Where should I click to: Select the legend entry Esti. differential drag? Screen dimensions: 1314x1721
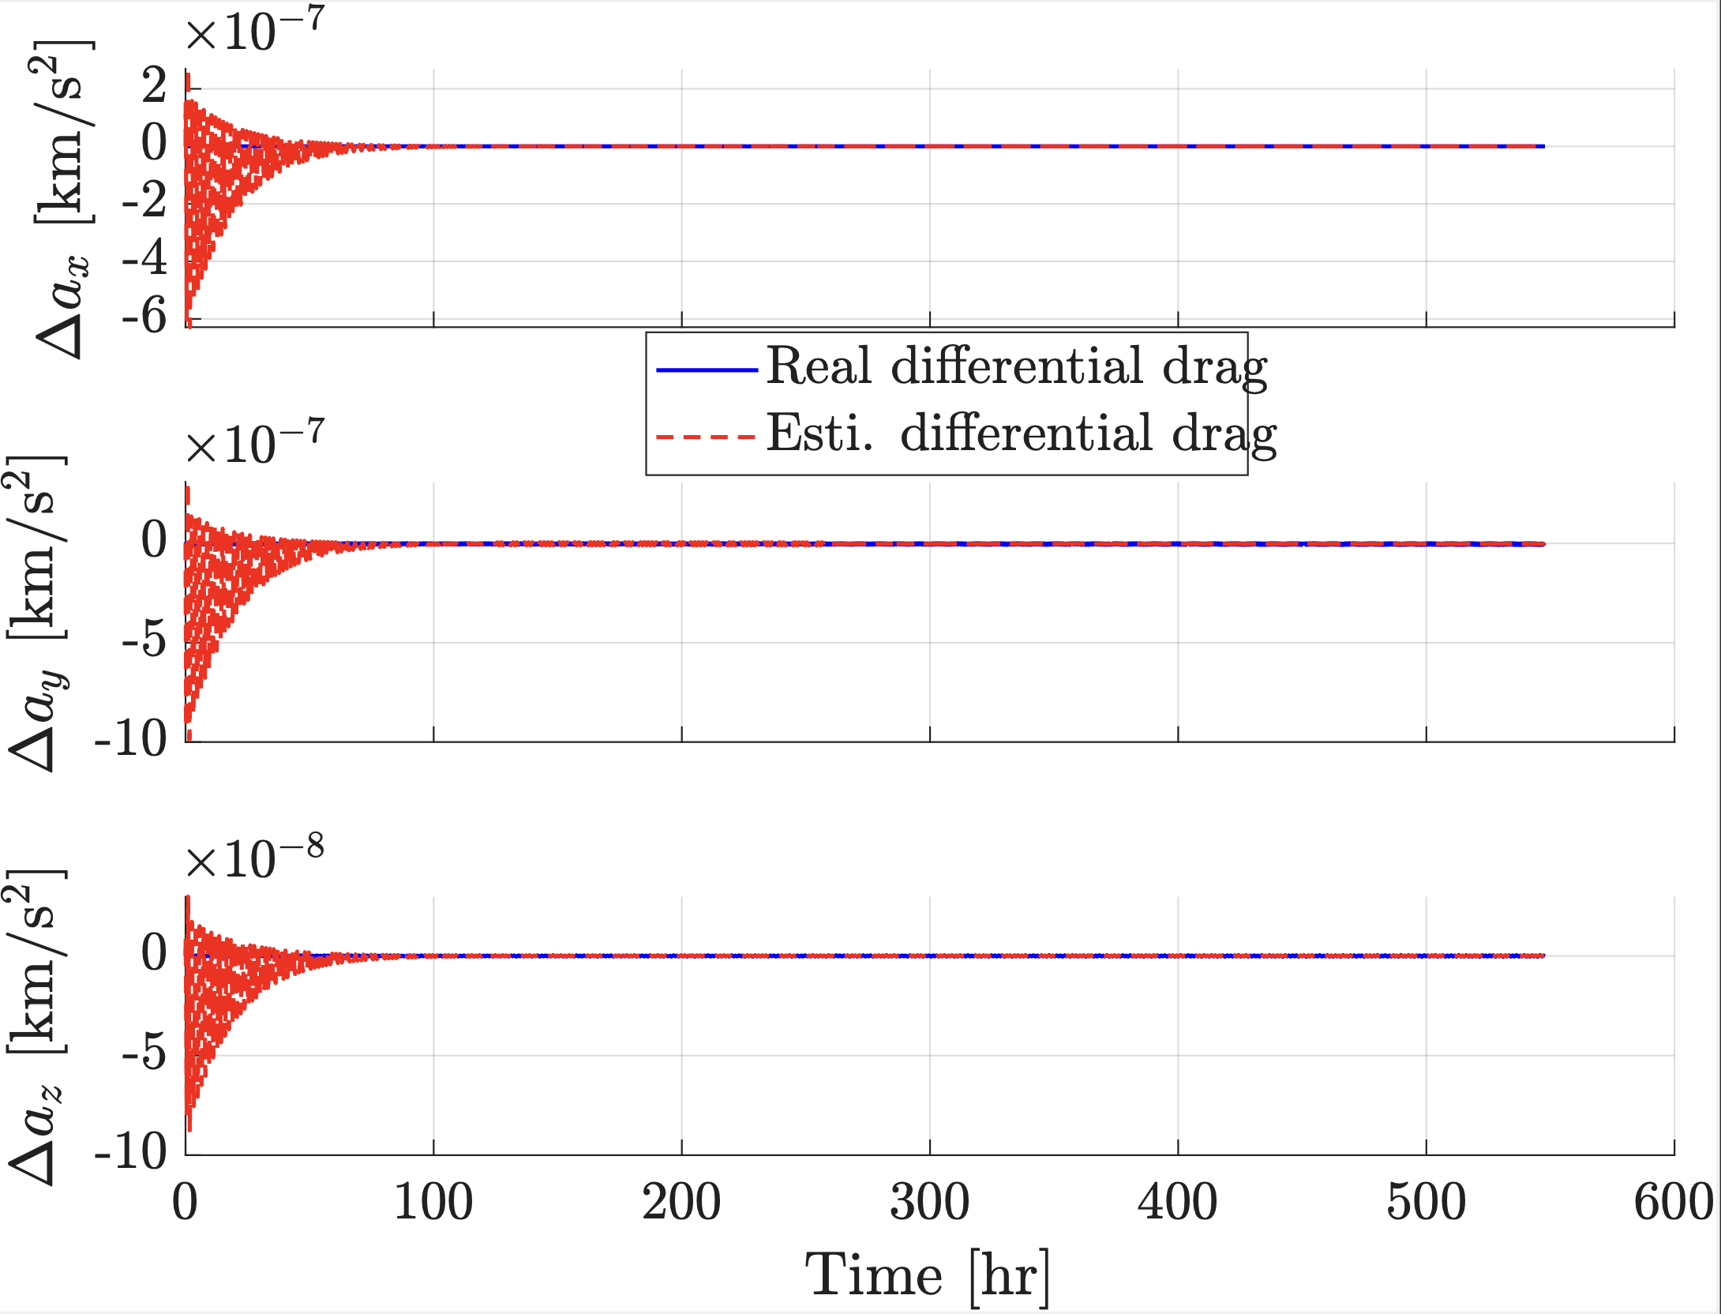(1021, 434)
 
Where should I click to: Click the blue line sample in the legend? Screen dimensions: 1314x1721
(707, 370)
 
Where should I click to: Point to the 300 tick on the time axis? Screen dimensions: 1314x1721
(929, 1203)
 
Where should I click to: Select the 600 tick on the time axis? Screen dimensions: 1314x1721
(1673, 1203)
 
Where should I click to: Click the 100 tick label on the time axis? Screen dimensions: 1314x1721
(433, 1203)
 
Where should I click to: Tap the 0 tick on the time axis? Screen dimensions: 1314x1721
(185, 1203)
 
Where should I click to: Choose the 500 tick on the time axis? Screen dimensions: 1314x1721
(1426, 1203)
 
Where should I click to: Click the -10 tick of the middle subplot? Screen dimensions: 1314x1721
(130, 739)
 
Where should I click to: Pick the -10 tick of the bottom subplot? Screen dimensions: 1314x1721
(130, 1152)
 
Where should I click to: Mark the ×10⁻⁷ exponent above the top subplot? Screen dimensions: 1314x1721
(254, 32)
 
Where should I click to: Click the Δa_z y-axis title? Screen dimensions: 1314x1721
(38, 1027)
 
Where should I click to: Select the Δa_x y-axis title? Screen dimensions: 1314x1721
(63, 197)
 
